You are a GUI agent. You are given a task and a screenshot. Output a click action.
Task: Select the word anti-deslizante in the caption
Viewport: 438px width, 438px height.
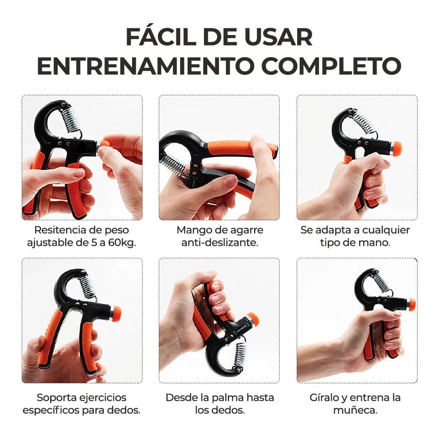pos(219,242)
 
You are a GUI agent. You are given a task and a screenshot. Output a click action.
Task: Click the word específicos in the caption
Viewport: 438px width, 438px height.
pos(51,410)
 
